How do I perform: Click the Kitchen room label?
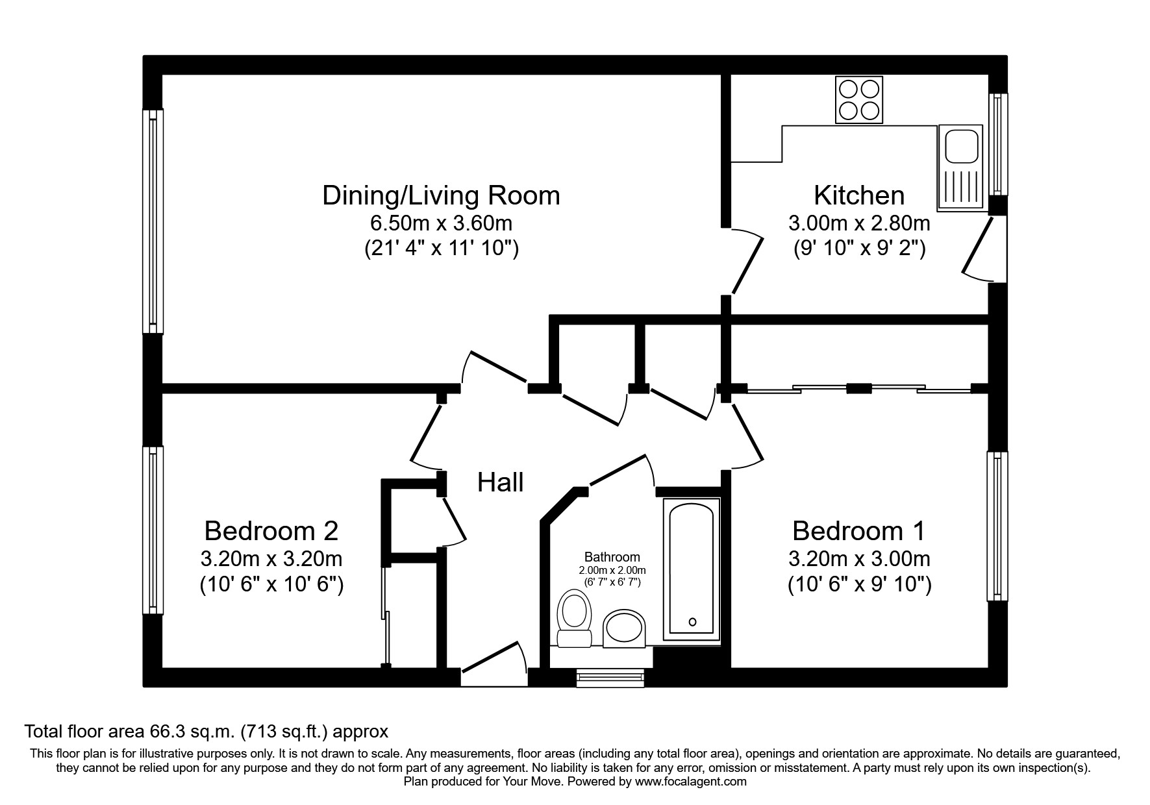[859, 195]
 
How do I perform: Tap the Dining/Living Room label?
[441, 195]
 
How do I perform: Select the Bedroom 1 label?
[858, 531]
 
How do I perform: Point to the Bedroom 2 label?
[271, 531]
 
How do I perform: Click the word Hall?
[500, 482]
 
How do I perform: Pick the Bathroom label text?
[612, 557]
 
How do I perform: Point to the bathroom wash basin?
[624, 628]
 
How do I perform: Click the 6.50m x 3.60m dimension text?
[441, 224]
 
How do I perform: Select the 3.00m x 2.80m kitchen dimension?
[859, 224]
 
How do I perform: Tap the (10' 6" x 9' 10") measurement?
[859, 586]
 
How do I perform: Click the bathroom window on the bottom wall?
[611, 678]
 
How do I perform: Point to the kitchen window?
[998, 144]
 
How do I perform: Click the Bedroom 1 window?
[997, 526]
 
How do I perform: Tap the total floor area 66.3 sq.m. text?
[206, 732]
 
